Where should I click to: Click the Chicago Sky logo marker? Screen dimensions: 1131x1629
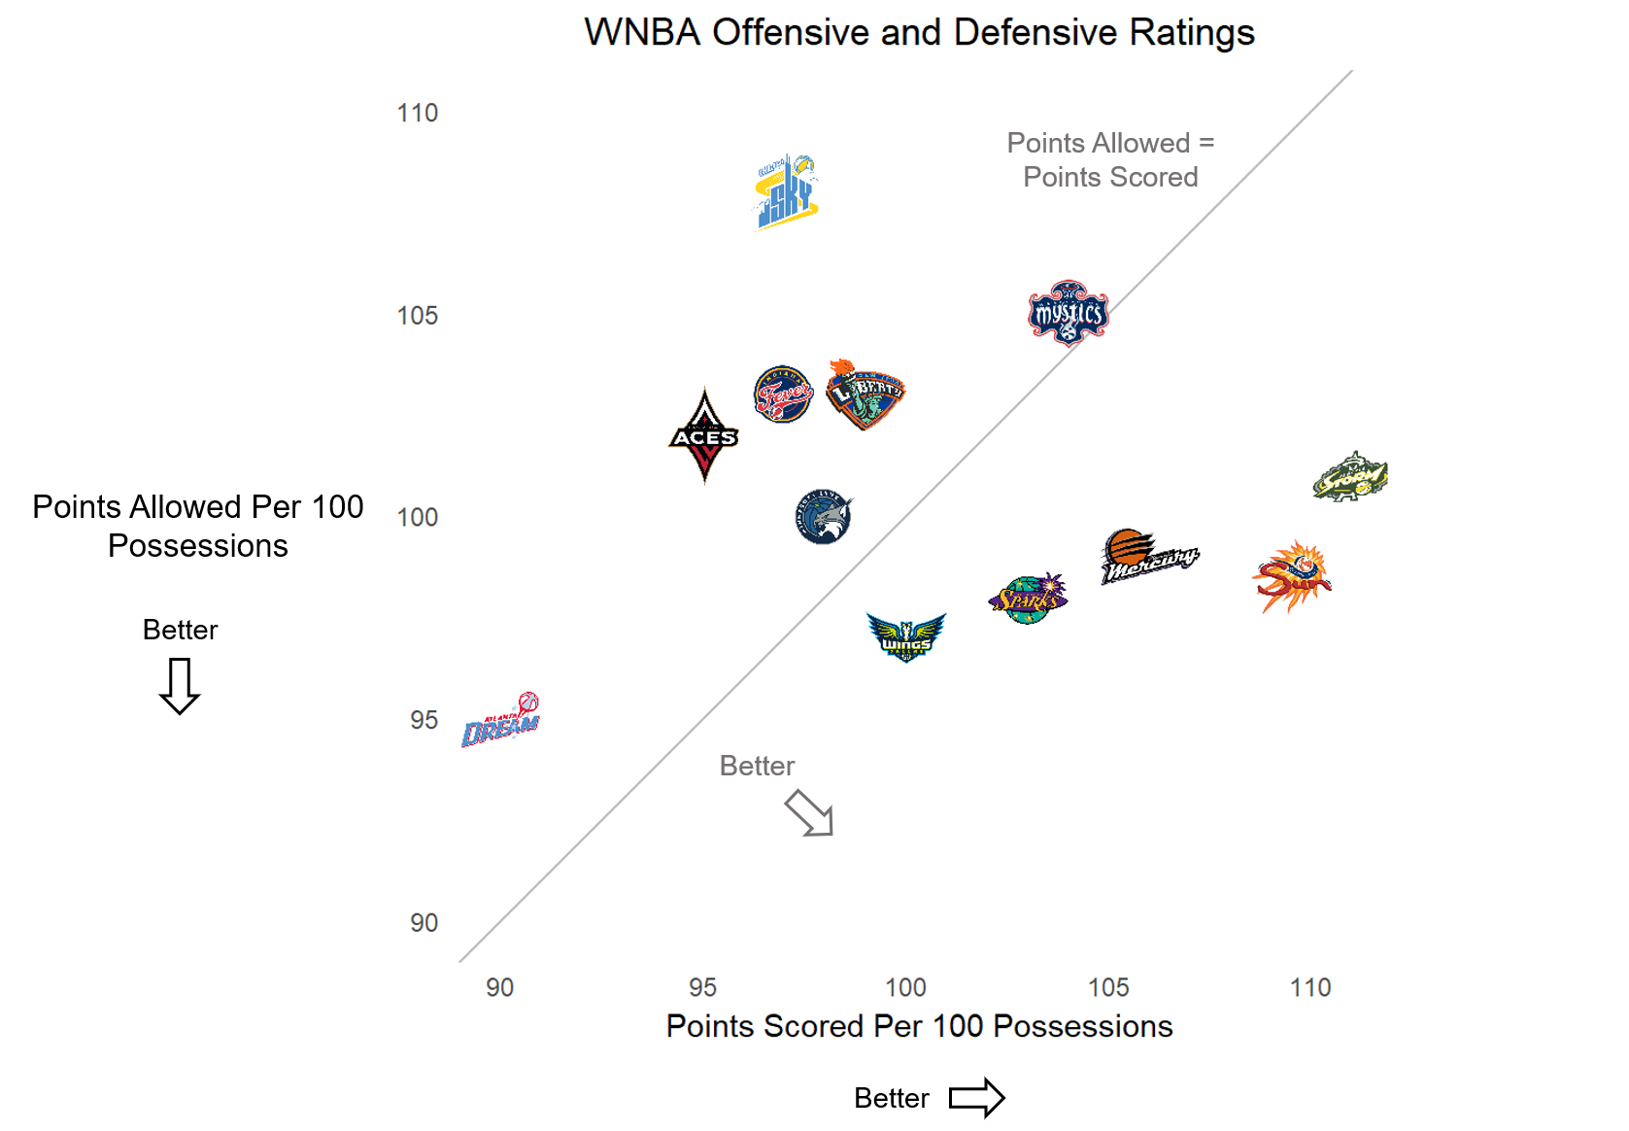point(787,191)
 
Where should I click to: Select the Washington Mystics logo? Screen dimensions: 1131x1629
point(1069,314)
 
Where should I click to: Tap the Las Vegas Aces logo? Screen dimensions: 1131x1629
point(704,436)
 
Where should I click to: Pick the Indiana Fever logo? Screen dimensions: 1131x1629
point(783,394)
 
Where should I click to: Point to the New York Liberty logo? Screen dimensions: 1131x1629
point(865,394)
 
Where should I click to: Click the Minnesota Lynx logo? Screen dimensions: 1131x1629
point(824,517)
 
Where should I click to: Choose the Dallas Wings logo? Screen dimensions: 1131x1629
point(906,637)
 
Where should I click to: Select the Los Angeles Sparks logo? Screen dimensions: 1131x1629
point(1028,599)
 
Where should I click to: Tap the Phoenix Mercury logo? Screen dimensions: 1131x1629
point(1148,557)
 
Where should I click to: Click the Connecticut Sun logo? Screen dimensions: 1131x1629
point(1291,577)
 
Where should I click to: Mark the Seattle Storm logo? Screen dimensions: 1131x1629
point(1350,476)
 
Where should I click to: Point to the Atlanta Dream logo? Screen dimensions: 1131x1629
point(501,720)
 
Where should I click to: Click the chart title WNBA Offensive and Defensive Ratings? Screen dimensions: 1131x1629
point(919,33)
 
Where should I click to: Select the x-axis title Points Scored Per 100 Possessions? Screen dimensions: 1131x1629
point(919,1026)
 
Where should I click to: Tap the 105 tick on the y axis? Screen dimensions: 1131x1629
point(418,316)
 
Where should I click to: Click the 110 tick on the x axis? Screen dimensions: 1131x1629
point(1309,988)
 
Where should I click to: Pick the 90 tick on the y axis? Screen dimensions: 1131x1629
point(424,923)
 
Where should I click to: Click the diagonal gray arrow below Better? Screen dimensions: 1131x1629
point(809,812)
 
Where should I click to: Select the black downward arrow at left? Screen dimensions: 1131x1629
point(180,686)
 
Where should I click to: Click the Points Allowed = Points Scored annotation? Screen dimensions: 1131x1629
point(1110,160)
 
